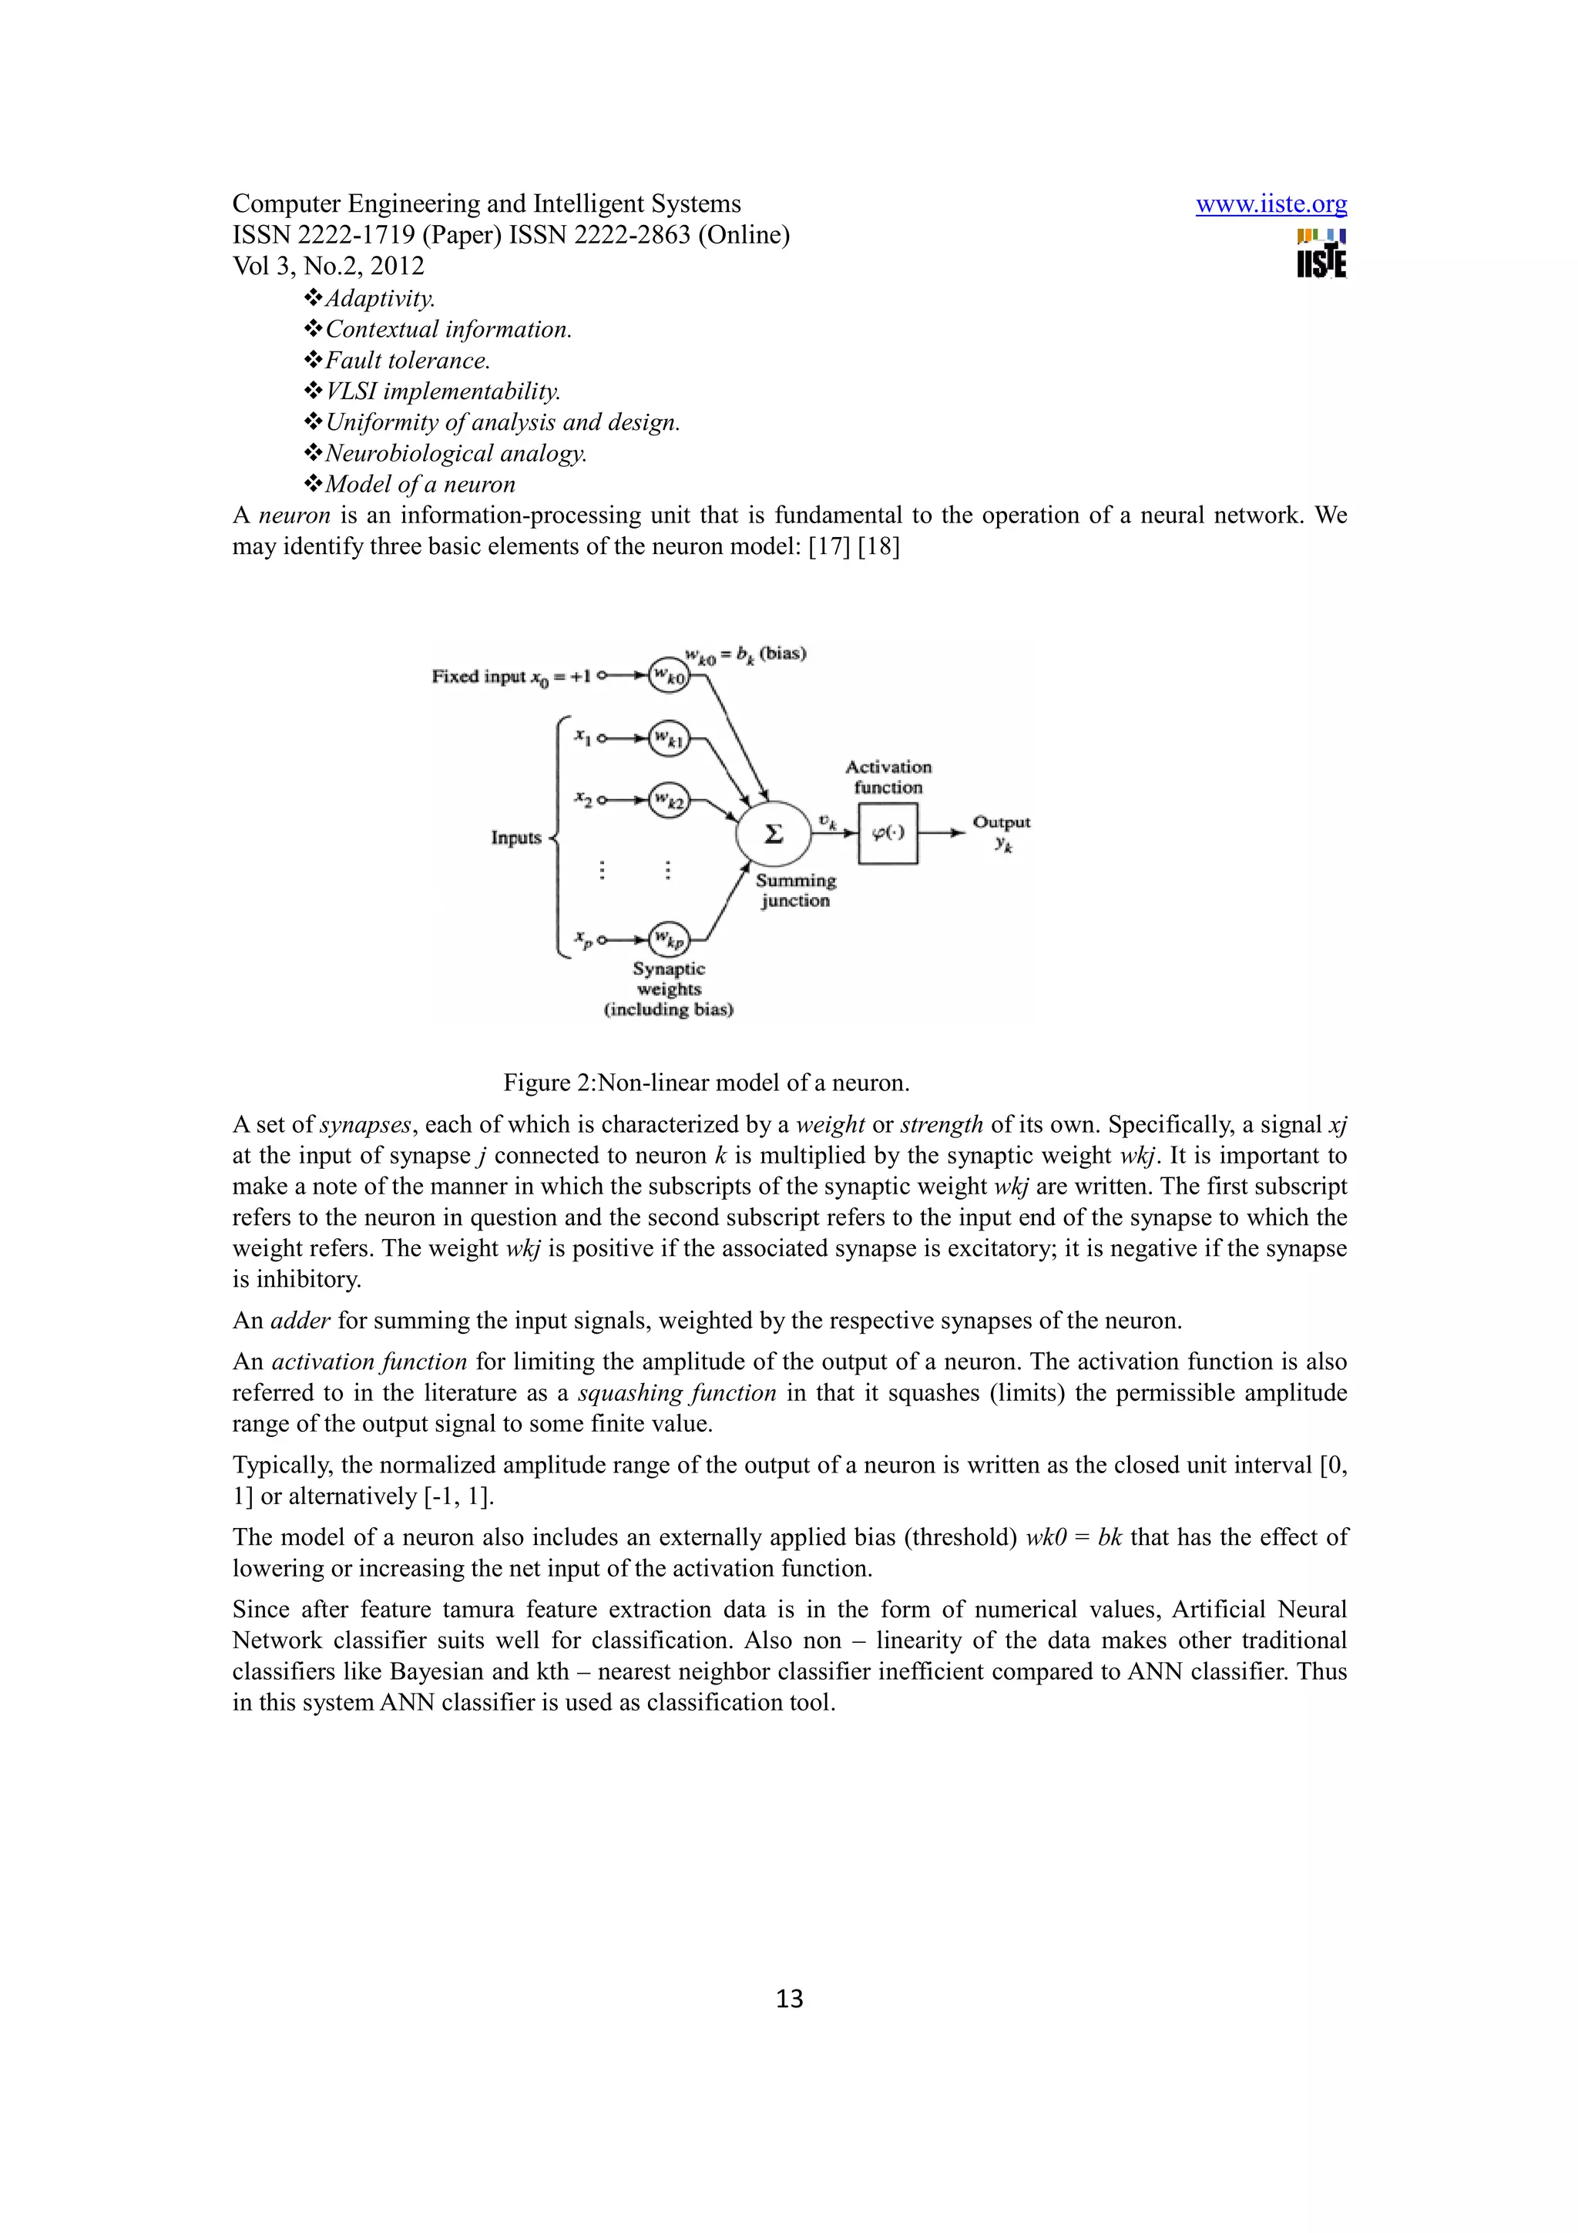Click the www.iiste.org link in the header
point(1271,204)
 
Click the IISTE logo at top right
point(1321,253)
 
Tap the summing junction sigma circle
point(773,834)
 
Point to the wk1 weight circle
point(669,739)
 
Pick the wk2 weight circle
point(669,801)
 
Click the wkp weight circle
point(669,939)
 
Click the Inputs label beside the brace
point(516,838)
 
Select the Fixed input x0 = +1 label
point(512,676)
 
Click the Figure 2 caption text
point(706,1083)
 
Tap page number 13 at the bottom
point(790,1999)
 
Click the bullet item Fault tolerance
point(406,361)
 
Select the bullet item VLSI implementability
point(442,392)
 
